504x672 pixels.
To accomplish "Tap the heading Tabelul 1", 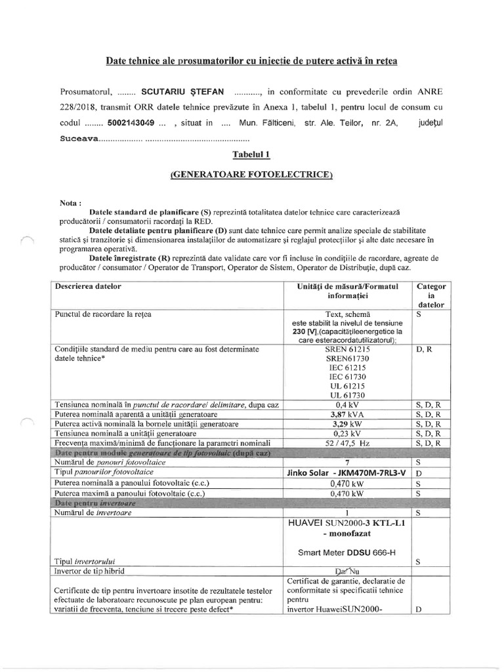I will [251, 155].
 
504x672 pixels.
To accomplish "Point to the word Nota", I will [70, 203].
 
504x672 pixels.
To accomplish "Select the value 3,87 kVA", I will [348, 415].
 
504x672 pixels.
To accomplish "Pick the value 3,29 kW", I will [348, 425].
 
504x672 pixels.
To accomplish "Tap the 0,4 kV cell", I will [348, 405].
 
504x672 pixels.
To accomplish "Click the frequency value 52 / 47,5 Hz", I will [348, 444].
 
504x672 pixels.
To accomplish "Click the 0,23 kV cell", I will [348, 434].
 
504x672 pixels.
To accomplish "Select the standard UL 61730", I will [348, 395].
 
